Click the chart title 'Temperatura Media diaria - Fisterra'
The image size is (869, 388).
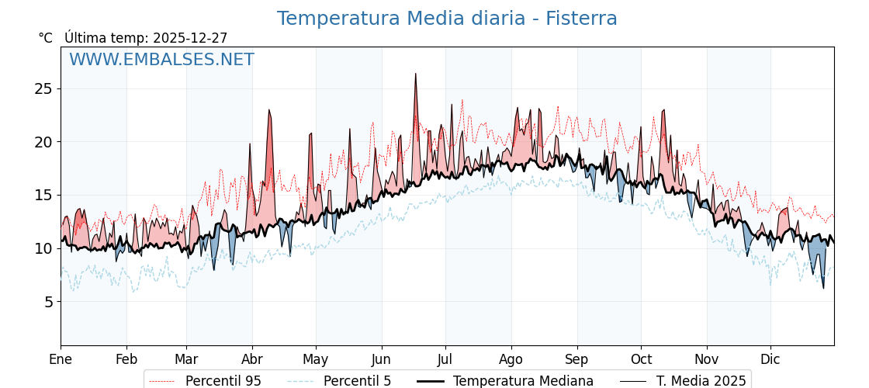point(447,19)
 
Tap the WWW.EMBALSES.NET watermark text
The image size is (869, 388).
point(161,60)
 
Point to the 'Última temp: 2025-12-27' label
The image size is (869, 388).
point(146,38)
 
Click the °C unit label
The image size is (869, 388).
point(46,38)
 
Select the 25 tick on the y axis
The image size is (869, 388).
point(43,88)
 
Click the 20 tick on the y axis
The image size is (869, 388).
point(43,142)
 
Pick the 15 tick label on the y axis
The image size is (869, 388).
point(43,195)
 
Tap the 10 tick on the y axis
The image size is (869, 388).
point(43,248)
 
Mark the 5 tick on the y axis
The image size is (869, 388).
point(48,301)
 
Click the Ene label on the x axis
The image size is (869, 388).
point(61,359)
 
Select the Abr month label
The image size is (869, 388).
point(252,359)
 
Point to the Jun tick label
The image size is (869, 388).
point(381,359)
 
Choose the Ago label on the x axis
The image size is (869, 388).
point(511,359)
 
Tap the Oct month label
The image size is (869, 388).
point(641,359)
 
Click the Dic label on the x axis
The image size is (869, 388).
point(770,359)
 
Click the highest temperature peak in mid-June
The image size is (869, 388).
point(415,74)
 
